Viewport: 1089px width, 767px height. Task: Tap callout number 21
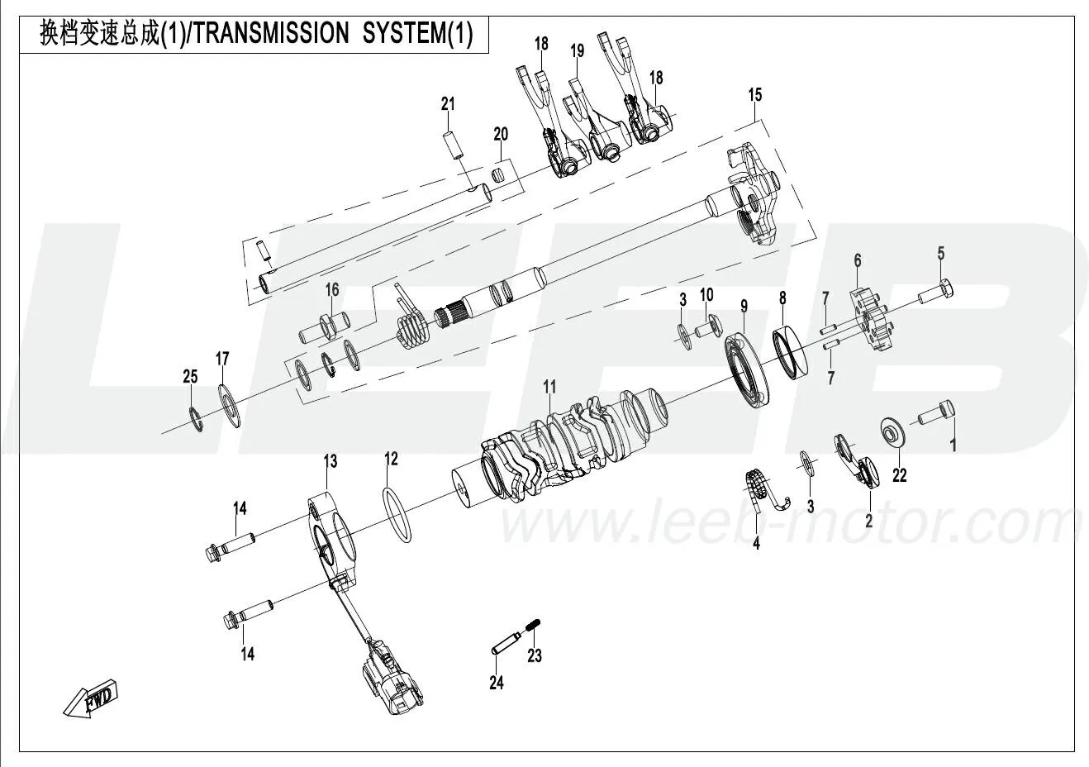pos(448,104)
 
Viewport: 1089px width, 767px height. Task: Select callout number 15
pos(755,95)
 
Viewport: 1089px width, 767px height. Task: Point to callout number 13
pos(330,460)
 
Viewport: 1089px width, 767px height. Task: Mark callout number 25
pos(190,376)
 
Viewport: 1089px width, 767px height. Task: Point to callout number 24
pos(496,682)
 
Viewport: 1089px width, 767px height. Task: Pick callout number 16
pos(331,289)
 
